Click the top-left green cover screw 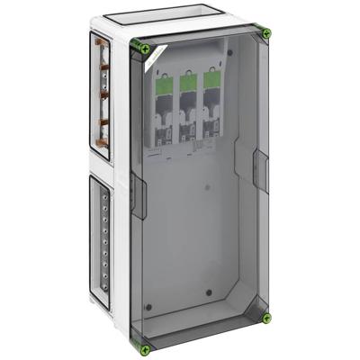tap(137, 48)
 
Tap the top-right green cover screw tap(266, 34)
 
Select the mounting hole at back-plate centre tap(206, 188)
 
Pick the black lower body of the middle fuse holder tap(190, 126)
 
